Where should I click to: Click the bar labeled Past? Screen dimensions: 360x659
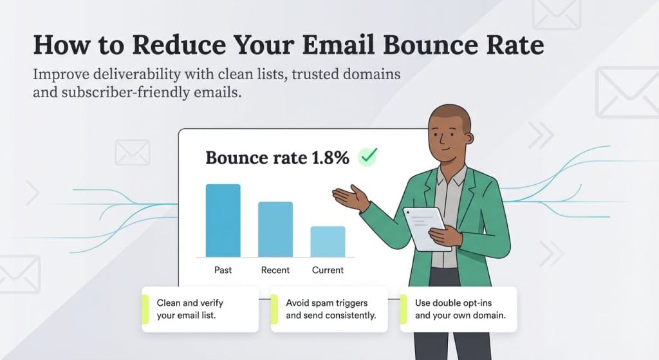223,220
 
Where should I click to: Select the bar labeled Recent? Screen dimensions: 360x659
275,229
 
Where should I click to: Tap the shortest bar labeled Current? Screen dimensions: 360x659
328,242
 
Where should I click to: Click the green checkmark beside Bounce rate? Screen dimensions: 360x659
368,156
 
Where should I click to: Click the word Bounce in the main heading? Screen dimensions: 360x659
390,46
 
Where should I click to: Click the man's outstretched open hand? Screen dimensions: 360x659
348,197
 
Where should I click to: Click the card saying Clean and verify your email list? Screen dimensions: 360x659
200,309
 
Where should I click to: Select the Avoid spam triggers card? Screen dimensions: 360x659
329,309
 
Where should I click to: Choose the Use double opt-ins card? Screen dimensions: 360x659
458,309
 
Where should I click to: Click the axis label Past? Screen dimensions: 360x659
223,270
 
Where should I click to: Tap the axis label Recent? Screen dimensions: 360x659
275,270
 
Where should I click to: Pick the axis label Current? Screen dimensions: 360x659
328,270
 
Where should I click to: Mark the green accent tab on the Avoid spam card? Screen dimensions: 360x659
274,309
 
